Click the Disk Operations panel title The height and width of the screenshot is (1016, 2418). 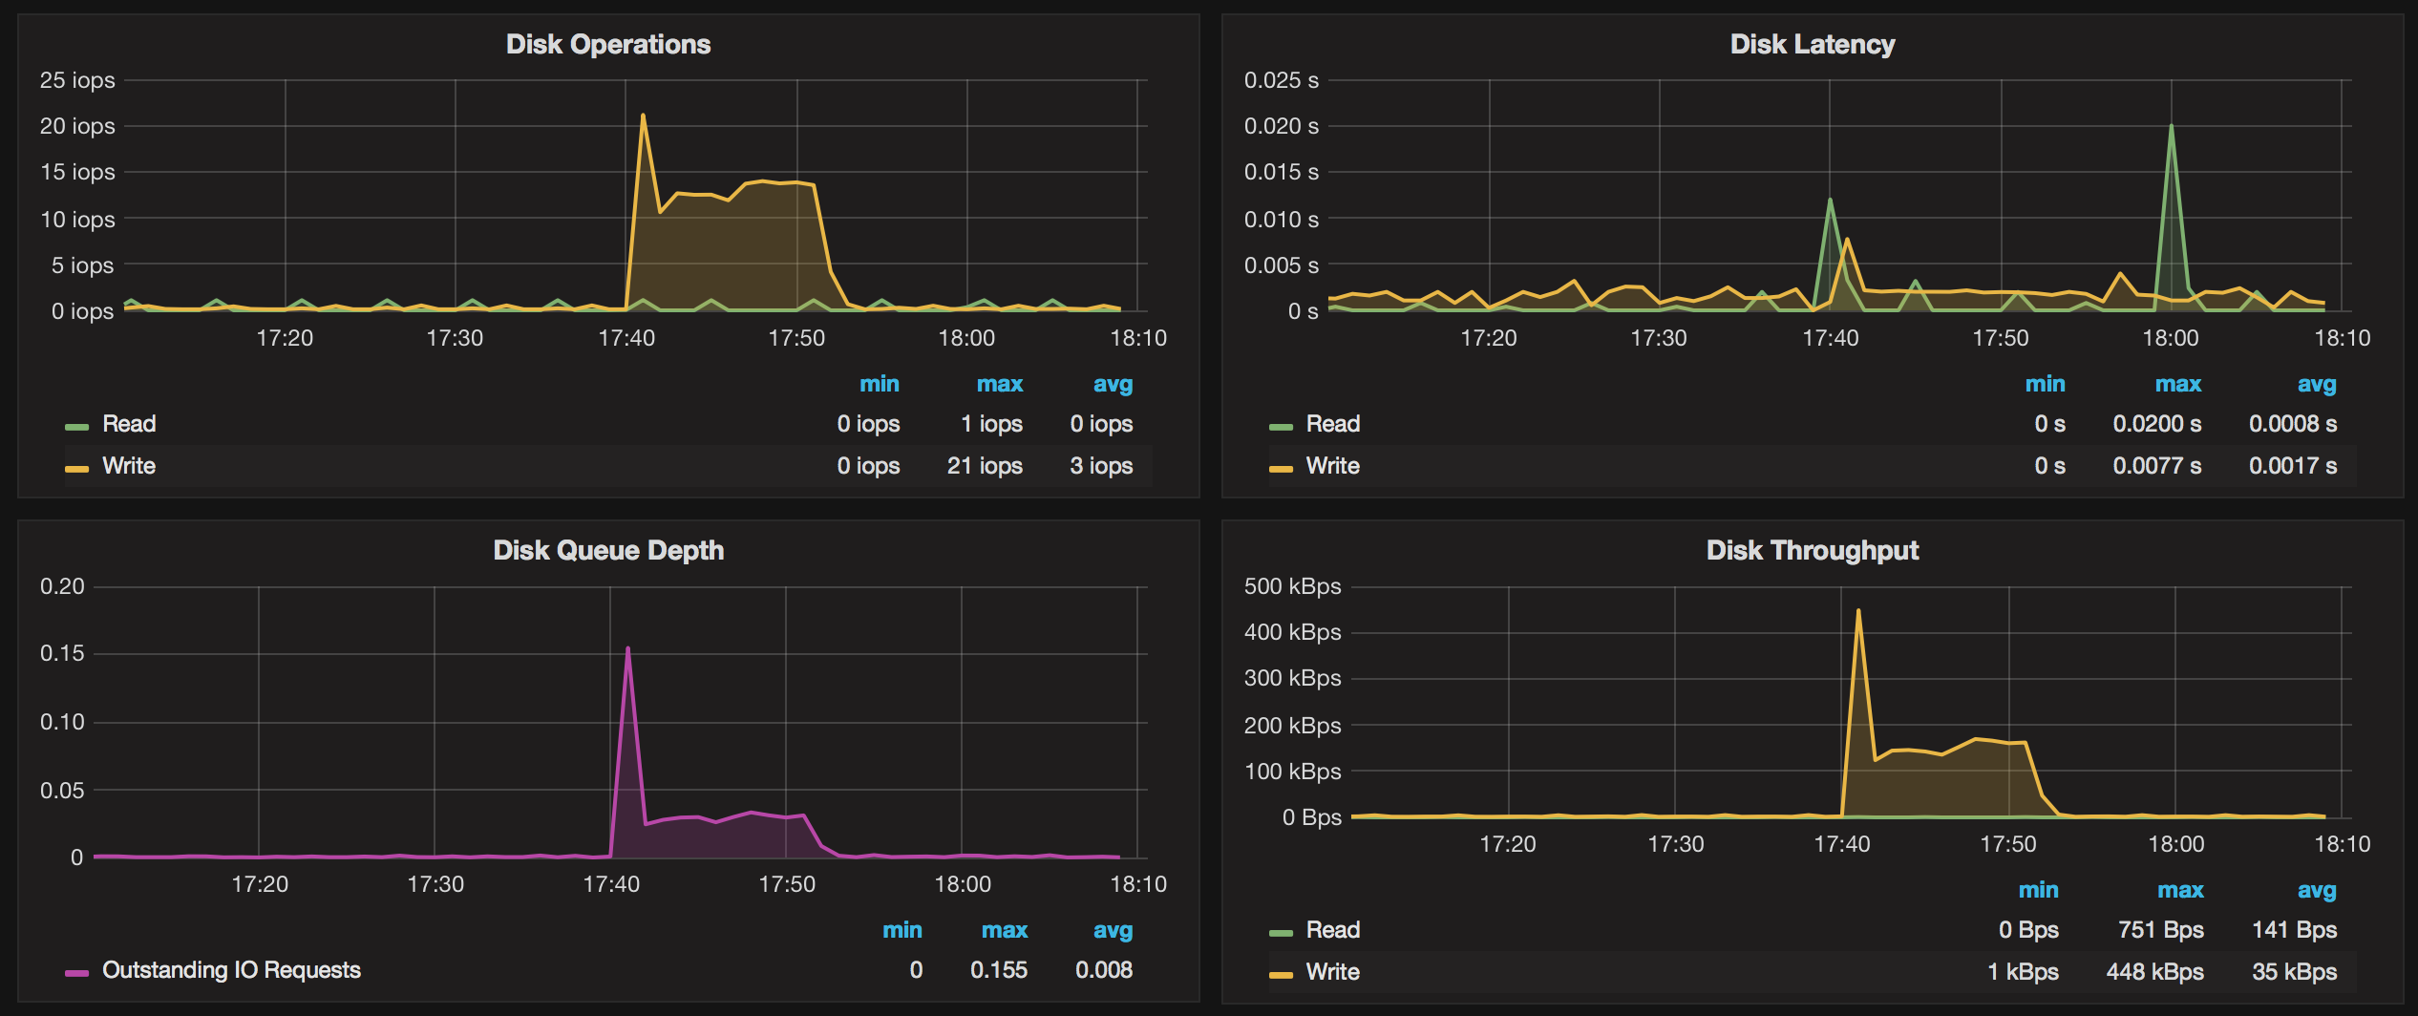(608, 45)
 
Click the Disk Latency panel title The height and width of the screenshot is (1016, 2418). (1812, 45)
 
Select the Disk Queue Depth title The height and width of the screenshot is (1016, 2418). (608, 551)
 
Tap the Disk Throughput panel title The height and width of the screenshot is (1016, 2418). (1812, 551)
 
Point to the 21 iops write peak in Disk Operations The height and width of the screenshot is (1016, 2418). (643, 116)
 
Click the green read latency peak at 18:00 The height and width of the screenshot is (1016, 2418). (2171, 127)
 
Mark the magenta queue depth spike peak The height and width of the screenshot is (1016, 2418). (627, 649)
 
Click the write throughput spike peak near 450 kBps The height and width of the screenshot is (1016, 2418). (1857, 611)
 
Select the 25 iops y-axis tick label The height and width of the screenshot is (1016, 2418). (77, 81)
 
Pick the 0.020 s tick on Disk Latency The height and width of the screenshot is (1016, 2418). (1281, 127)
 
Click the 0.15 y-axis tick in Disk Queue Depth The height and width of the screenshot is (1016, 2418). (62, 654)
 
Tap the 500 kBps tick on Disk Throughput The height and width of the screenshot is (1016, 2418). (1292, 587)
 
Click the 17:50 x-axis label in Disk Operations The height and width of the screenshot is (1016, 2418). (796, 339)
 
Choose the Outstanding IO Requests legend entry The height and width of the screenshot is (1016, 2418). (231, 971)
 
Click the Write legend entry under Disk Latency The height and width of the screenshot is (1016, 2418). (1332, 467)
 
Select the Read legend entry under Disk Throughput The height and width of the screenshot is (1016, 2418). (1332, 931)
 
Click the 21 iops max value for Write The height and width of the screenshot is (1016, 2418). (985, 467)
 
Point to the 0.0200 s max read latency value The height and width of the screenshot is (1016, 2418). (2156, 425)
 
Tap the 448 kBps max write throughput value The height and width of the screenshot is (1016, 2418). (2154, 973)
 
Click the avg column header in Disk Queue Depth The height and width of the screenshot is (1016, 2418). (1113, 931)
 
